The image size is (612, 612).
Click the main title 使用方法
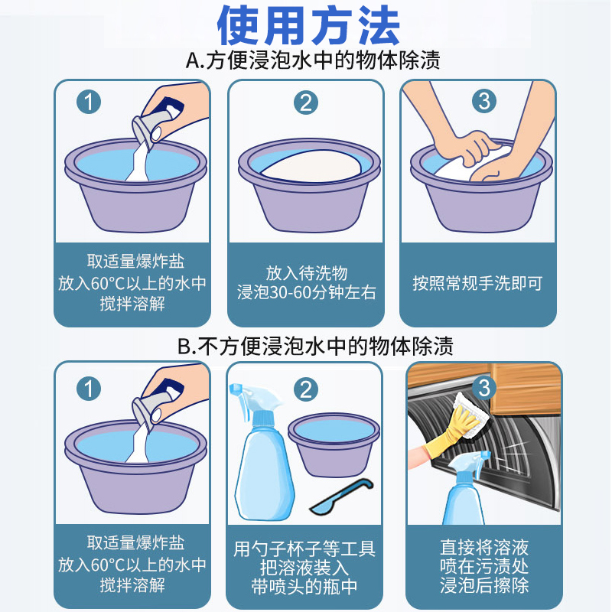point(308,26)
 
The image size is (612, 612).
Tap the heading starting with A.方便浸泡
point(313,60)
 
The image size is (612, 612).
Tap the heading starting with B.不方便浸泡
point(315,346)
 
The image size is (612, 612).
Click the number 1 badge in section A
point(89,103)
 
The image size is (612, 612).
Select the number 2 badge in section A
point(305,103)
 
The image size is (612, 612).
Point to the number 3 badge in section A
point(484,101)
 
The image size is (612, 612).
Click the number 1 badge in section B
point(89,389)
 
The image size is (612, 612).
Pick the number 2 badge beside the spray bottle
point(305,389)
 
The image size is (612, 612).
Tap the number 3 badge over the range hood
point(484,388)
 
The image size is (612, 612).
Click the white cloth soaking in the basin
point(311,166)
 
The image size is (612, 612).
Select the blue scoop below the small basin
point(342,496)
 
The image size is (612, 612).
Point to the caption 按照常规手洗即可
point(477,283)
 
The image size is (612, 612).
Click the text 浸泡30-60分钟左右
point(307,293)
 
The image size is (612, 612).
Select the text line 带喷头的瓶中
point(304,587)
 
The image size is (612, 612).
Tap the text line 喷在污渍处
point(484,566)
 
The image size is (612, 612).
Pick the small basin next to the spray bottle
point(334,445)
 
